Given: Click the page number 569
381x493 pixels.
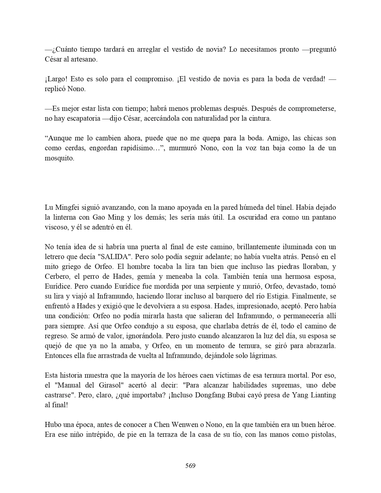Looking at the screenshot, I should (x=190, y=466).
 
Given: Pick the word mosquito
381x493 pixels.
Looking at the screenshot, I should (x=59, y=158).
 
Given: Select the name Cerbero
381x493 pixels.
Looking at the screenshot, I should (x=57, y=276).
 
